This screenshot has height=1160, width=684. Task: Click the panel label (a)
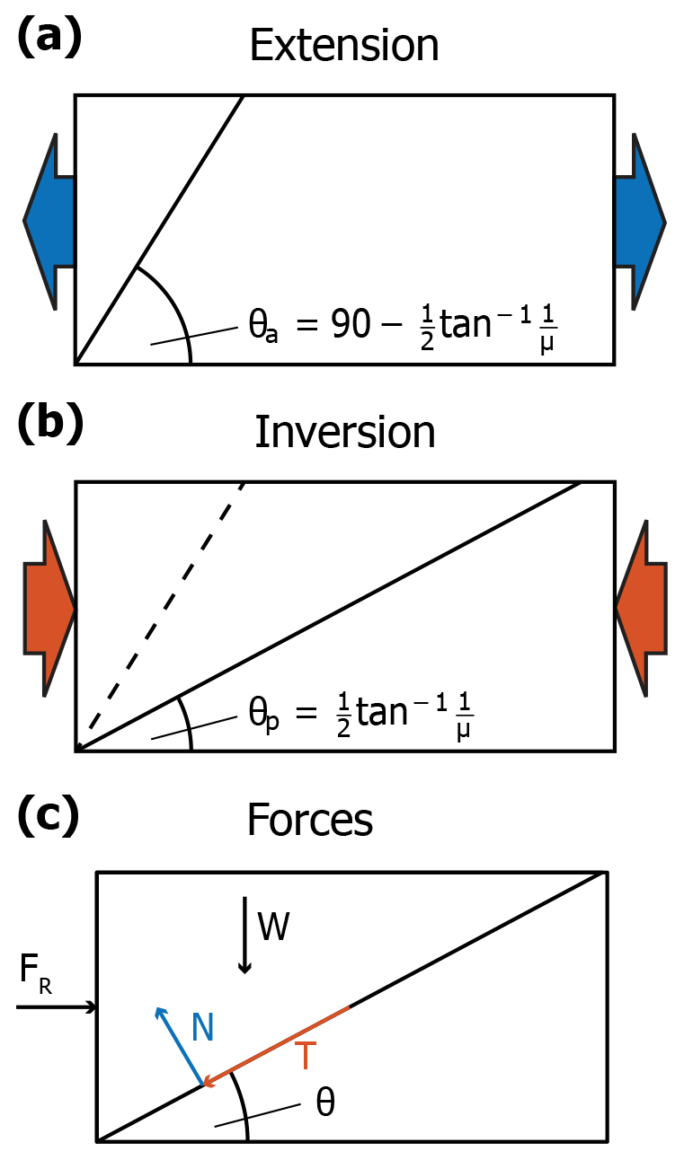point(50,40)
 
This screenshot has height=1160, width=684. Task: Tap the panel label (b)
point(50,426)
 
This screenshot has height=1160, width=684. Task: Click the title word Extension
point(344,45)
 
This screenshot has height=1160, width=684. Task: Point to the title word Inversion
point(344,433)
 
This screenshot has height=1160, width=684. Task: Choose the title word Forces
point(310,820)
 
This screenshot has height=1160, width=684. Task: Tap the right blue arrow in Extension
point(640,221)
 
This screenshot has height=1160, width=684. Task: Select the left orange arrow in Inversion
point(50,608)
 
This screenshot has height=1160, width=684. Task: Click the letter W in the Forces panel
point(274,927)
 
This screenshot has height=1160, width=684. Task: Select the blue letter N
point(202,1028)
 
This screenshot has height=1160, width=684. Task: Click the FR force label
point(33,971)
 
